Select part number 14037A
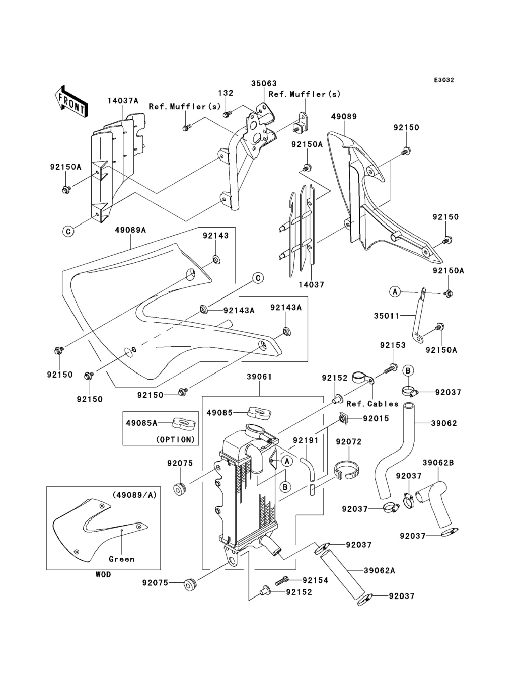[123, 101]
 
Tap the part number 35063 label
[264, 83]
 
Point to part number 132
[226, 93]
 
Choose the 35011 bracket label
[387, 316]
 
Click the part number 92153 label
[393, 345]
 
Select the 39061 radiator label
[260, 377]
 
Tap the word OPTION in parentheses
[175, 439]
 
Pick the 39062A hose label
[379, 570]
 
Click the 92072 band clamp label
[349, 442]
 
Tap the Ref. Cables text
[372, 404]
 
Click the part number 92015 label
[376, 418]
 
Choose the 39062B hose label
[438, 463]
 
